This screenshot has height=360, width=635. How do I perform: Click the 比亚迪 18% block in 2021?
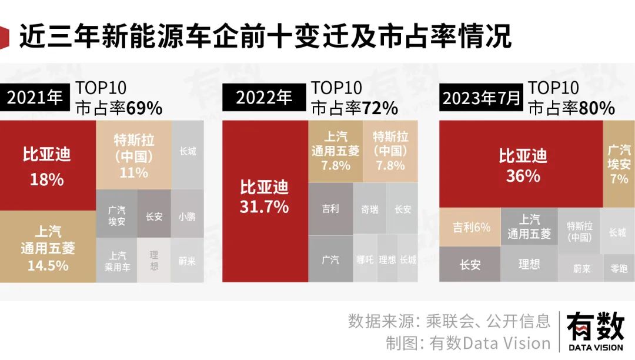(47, 165)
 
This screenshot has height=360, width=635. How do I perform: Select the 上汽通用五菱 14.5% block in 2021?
(47, 247)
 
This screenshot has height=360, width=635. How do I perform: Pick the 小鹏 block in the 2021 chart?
(187, 215)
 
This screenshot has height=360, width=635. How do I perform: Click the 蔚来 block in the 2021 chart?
(187, 261)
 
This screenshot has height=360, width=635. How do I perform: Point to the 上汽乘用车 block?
(116, 261)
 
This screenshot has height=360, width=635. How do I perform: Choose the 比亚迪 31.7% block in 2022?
(265, 200)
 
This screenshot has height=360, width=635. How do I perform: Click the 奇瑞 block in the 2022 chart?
(370, 209)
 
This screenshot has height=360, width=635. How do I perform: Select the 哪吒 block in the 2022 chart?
(365, 259)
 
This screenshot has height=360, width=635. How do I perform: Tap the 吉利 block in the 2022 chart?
(330, 209)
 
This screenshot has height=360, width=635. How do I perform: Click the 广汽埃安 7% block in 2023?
(619, 164)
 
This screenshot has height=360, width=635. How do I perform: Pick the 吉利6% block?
(470, 227)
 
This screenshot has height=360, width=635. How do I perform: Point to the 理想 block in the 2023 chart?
(529, 264)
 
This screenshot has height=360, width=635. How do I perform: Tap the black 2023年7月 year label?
(482, 98)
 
